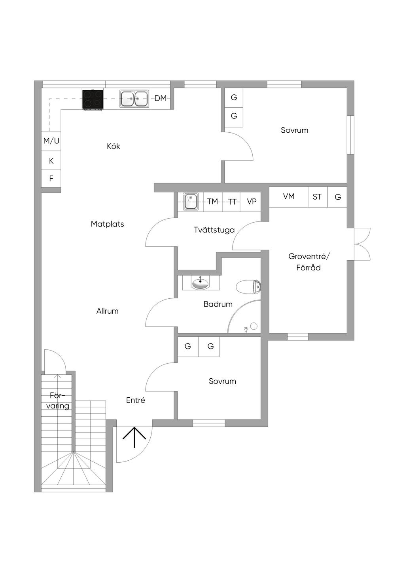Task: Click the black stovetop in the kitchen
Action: (93, 99)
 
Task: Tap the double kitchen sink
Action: (134, 99)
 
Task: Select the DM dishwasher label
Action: (161, 98)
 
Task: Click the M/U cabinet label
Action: (51, 141)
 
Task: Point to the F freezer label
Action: (51, 178)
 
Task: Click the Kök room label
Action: (114, 146)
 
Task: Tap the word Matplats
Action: (107, 224)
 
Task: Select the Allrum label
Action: (107, 311)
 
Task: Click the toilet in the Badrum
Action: (248, 287)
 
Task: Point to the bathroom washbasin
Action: (201, 283)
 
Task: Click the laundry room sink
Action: (190, 201)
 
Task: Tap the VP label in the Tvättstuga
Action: (252, 201)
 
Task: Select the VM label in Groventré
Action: (289, 196)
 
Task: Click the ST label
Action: (317, 197)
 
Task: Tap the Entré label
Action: (135, 400)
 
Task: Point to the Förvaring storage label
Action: (58, 401)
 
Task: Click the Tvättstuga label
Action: (214, 230)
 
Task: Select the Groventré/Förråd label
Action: (309, 262)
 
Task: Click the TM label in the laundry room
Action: (212, 202)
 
